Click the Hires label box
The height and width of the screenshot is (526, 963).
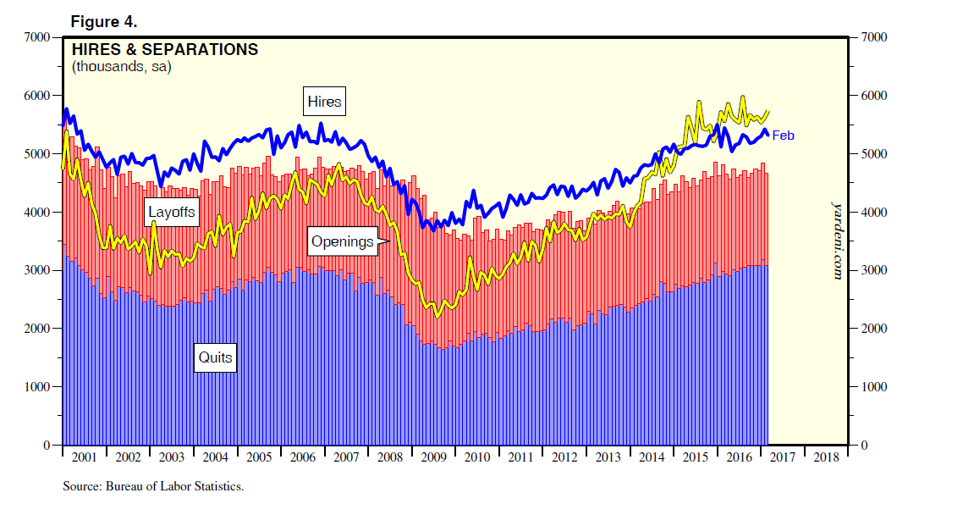[324, 102]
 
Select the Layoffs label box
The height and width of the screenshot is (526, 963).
[172, 212]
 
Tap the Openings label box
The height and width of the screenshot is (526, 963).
[342, 241]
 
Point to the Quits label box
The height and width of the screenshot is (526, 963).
[215, 357]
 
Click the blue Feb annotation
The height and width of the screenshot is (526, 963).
[784, 135]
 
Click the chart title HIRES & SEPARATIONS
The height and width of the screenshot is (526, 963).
[165, 50]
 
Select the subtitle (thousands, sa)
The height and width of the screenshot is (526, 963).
[122, 67]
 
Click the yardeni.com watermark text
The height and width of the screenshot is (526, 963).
[837, 241]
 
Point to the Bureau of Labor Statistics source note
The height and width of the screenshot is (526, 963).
[153, 487]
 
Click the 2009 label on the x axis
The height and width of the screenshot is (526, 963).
[434, 457]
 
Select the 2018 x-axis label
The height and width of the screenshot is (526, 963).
[826, 457]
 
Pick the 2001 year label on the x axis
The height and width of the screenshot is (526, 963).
[85, 457]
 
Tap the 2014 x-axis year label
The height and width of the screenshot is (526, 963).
[652, 457]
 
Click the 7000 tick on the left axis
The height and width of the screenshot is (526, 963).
[38, 37]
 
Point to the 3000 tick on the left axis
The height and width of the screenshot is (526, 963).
[38, 270]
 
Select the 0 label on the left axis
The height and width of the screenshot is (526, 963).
[48, 445]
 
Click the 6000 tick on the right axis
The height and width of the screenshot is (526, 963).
[873, 96]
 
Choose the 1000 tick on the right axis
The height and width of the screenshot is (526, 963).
[873, 387]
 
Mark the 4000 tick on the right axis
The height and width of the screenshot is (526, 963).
[873, 212]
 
